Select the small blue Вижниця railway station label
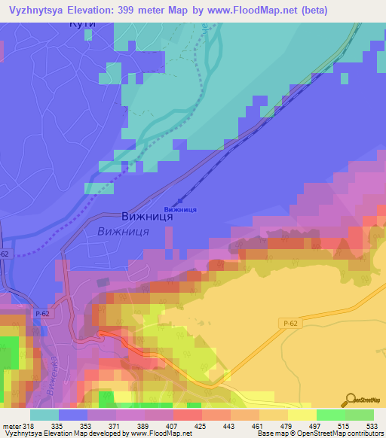point(180,209)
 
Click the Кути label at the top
point(81,25)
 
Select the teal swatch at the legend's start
point(44,415)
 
